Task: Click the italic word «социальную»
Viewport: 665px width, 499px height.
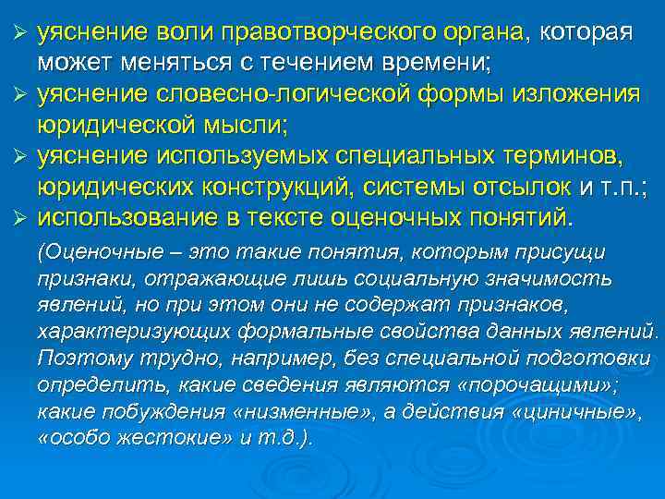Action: point(391,278)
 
